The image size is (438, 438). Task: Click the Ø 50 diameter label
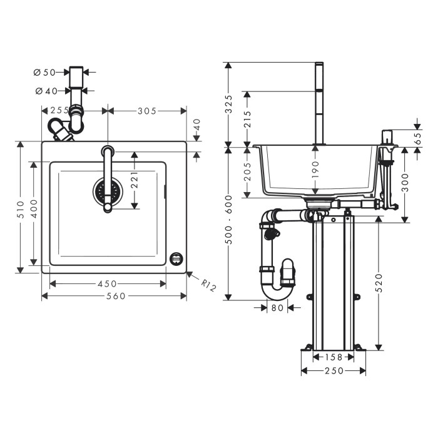(44, 73)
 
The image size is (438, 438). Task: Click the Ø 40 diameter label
(46, 91)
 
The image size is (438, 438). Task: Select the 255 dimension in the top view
(59, 111)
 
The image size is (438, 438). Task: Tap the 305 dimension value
(147, 111)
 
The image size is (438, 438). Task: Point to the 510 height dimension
(21, 209)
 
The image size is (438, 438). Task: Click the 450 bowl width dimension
(107, 284)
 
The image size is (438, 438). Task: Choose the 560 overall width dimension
(116, 296)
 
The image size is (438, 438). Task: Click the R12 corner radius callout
(208, 285)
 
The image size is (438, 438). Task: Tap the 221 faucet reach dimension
(135, 180)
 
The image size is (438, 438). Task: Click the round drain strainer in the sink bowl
(108, 191)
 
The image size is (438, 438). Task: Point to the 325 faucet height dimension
(229, 104)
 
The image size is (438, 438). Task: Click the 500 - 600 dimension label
(229, 220)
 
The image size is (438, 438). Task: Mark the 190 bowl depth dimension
(315, 170)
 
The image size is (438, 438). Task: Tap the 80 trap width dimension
(277, 308)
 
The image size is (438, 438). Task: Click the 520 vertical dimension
(379, 283)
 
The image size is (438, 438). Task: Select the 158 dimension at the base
(334, 357)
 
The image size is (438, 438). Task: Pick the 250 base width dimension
(334, 370)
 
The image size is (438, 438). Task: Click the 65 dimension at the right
(417, 139)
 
